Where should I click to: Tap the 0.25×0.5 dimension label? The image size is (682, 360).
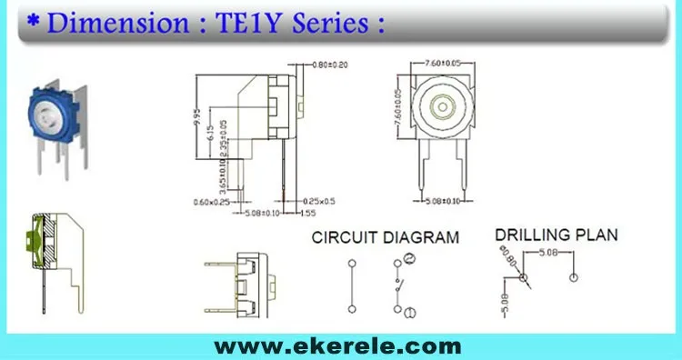tap(318, 201)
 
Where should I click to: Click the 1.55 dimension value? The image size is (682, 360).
tap(309, 215)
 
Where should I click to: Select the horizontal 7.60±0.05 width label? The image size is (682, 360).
tap(443, 62)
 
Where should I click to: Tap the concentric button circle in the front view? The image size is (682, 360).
tap(442, 106)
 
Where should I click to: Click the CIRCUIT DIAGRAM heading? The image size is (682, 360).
tap(386, 238)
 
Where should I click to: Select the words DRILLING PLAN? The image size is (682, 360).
tap(557, 235)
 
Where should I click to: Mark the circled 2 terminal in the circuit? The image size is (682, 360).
tap(410, 262)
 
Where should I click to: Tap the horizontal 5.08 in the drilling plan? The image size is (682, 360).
tap(547, 251)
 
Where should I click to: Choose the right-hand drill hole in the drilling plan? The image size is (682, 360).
tap(573, 275)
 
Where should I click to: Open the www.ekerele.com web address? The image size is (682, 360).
tap(337, 346)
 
